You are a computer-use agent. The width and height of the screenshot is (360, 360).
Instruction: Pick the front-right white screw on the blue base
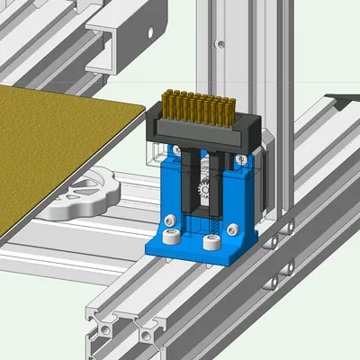(x=211, y=242)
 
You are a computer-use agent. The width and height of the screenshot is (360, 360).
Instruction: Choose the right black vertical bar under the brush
(x=219, y=180)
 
